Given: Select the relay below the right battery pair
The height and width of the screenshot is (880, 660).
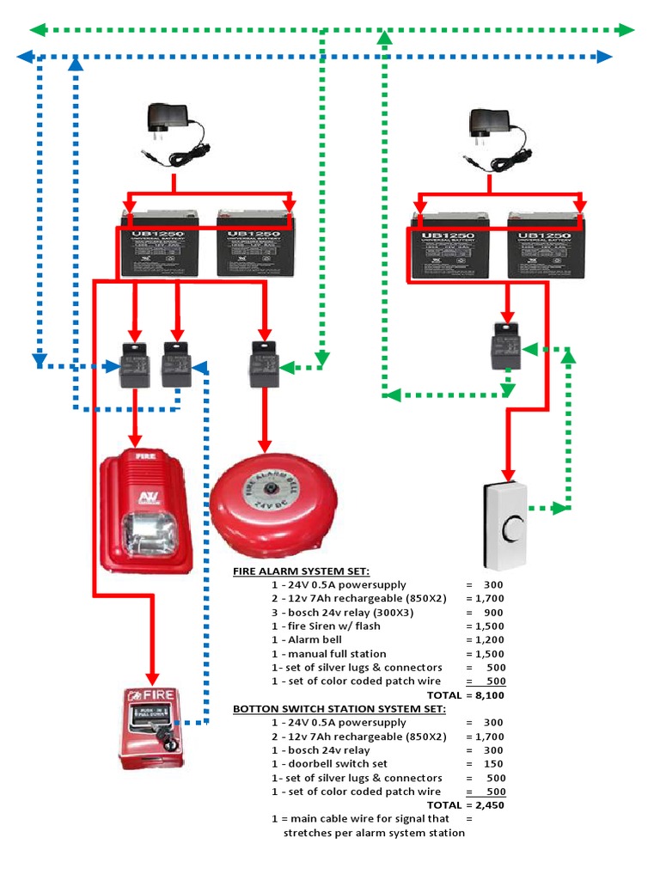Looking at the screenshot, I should (506, 345).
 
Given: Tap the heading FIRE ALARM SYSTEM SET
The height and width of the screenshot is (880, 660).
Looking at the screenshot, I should (301, 571).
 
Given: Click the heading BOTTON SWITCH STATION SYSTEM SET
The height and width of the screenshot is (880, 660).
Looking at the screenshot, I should (339, 709).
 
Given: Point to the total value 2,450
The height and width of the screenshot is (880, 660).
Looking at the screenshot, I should (486, 805).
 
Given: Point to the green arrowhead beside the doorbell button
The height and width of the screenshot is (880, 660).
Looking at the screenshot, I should (560, 508).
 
